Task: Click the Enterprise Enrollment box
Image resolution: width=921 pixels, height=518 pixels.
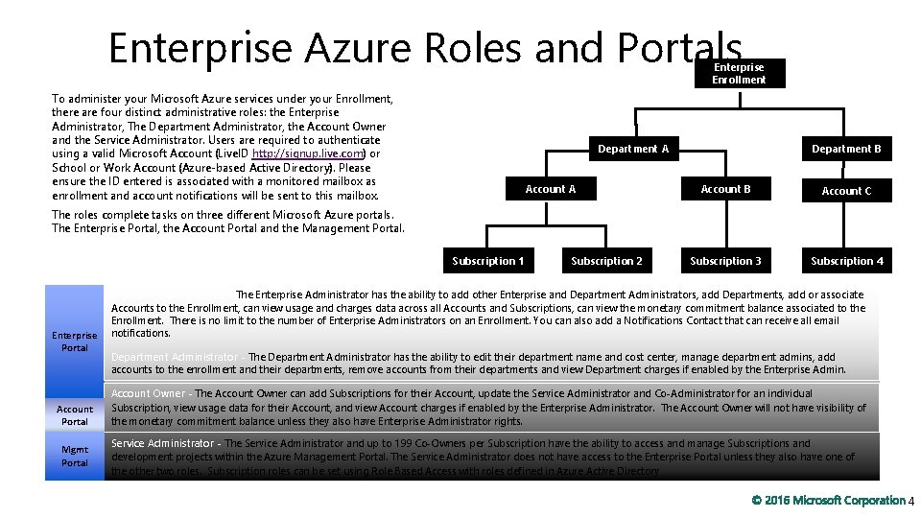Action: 739,74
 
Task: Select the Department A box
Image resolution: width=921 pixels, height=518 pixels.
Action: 633,149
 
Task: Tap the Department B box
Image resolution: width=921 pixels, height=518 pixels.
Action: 846,149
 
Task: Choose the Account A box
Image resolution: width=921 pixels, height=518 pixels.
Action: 551,189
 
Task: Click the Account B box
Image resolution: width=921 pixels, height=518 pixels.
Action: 725,189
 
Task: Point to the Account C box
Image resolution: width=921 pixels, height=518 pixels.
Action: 846,191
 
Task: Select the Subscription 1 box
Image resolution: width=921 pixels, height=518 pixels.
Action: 488,261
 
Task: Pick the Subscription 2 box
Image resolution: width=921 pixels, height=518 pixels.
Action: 606,261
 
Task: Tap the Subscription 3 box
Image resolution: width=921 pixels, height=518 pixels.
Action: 725,261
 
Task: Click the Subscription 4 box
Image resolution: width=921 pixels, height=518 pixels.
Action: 846,261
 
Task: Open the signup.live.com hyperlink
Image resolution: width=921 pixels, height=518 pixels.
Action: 307,153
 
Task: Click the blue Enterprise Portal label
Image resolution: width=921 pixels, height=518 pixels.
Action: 74,341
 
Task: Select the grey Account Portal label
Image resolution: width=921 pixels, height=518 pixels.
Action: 74,414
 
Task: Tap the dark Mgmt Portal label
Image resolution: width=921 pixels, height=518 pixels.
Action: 74,457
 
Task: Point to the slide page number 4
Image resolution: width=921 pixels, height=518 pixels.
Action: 911,501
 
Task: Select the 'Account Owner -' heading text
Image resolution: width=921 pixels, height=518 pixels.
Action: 152,393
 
